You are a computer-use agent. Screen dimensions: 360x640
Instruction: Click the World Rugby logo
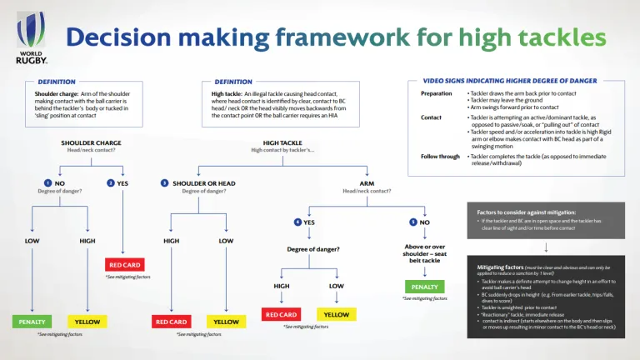32,39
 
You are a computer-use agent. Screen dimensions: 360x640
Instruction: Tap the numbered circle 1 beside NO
47,182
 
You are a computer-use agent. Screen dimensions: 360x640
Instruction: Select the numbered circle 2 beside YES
111,182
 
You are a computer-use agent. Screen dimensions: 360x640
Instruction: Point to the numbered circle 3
164,182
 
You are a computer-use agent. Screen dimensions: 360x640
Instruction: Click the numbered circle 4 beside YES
297,222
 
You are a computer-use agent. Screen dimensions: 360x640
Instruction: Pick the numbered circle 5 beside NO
413,222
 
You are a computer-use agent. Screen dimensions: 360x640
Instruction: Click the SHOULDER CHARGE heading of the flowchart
91,142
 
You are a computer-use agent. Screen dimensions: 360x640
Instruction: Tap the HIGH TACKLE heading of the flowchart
282,142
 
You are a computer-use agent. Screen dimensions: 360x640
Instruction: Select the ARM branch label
367,182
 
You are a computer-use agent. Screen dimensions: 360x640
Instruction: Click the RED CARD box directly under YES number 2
124,264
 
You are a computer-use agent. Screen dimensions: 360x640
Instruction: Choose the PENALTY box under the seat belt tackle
424,287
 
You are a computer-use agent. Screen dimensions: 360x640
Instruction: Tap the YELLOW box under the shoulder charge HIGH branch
87,322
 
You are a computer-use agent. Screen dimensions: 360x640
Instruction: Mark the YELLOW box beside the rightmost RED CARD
337,314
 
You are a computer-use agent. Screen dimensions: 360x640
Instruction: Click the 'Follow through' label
439,156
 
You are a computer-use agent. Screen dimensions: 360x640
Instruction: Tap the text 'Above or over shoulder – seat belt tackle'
424,254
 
